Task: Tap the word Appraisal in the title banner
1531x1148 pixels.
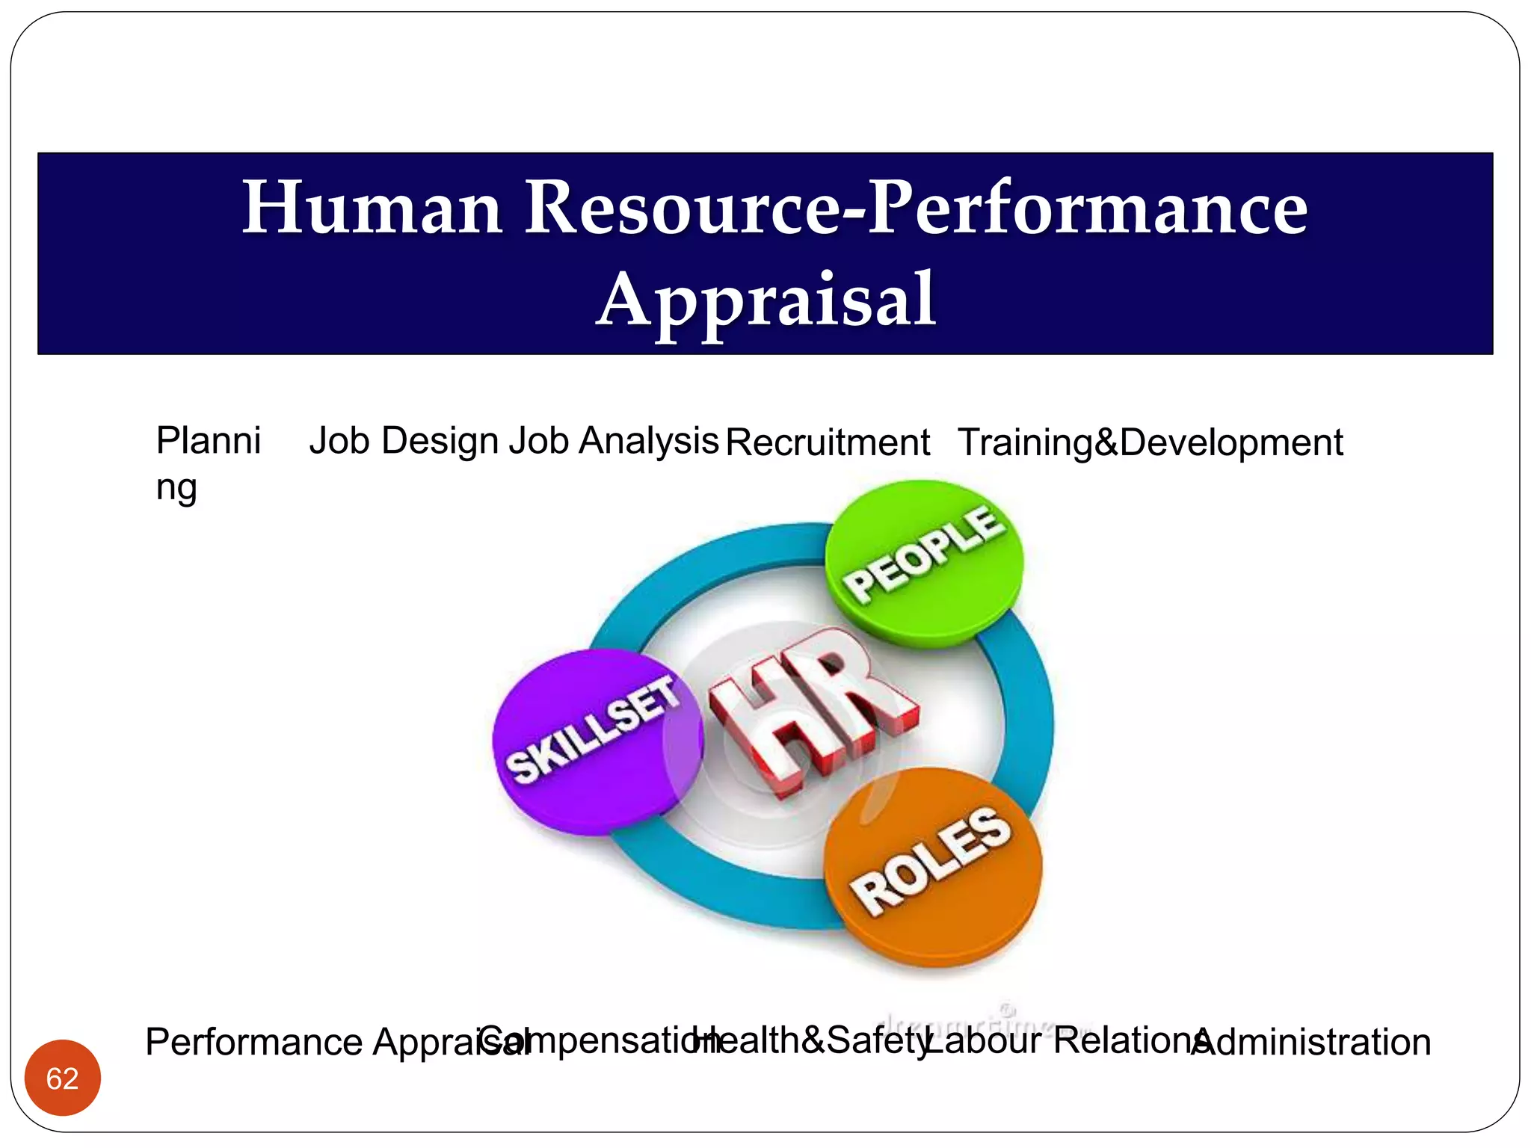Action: click(765, 300)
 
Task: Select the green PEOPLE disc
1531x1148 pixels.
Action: click(924, 562)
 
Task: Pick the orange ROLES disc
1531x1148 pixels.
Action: click(932, 867)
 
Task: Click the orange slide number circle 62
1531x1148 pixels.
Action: click(63, 1078)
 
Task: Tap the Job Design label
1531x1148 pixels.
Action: click(404, 440)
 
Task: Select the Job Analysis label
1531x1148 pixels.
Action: click(613, 440)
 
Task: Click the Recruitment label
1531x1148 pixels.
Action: click(828, 442)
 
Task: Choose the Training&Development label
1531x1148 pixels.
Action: click(1150, 442)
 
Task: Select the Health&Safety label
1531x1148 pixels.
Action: click(811, 1040)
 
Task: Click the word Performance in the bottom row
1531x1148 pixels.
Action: click(254, 1042)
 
